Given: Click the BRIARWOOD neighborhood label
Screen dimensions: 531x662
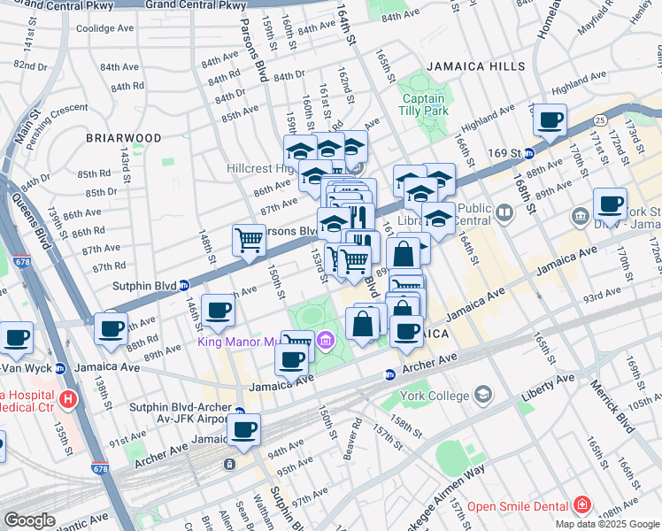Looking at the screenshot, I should (124, 139).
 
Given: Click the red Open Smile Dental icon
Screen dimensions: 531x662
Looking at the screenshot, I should (582, 505).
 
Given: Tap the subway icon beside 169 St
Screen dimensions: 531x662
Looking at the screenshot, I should (529, 152).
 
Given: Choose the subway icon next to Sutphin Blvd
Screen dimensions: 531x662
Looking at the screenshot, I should (184, 285).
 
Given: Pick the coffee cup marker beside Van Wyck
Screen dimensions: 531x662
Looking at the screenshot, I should (15, 337).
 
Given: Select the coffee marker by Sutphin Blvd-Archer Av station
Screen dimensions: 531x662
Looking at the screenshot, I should (244, 430).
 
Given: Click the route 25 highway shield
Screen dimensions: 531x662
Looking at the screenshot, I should (600, 119).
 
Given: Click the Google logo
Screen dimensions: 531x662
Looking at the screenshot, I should (29, 520).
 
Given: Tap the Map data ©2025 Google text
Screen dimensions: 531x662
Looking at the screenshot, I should (606, 524).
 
